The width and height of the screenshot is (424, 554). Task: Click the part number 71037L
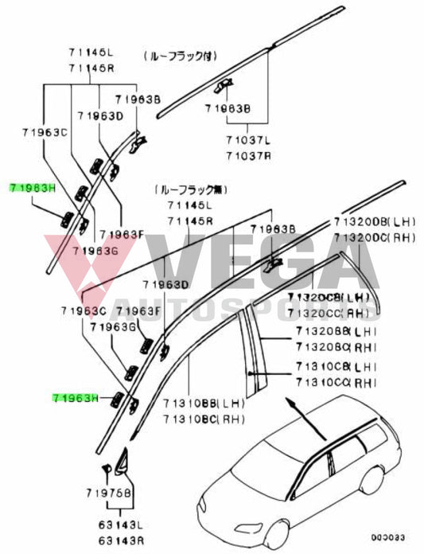(248, 139)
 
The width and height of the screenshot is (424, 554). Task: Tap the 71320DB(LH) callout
(372, 221)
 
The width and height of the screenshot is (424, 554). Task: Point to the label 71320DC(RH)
(372, 236)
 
